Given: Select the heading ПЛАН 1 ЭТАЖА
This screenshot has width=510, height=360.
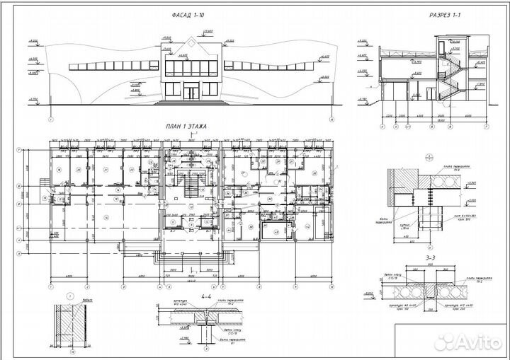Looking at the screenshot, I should pos(186,127).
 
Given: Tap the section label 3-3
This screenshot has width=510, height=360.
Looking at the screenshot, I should pos(428,260).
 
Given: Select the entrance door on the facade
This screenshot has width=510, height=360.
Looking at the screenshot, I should pos(191,92).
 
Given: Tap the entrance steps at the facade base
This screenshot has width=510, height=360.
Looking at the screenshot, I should pos(191,102).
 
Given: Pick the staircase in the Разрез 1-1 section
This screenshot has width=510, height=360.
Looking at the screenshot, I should pos(448,78).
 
